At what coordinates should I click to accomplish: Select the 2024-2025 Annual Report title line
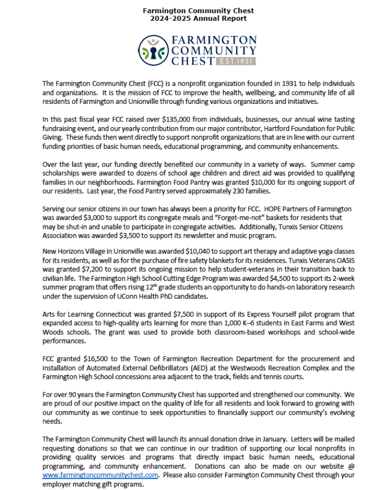coord(195,19)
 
